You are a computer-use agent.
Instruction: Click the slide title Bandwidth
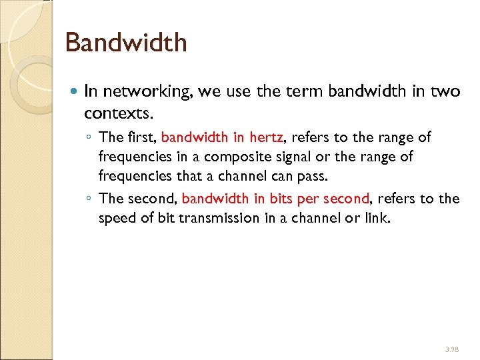(126, 43)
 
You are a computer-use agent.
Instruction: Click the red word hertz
(267, 138)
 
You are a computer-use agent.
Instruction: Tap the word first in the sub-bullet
(141, 138)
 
